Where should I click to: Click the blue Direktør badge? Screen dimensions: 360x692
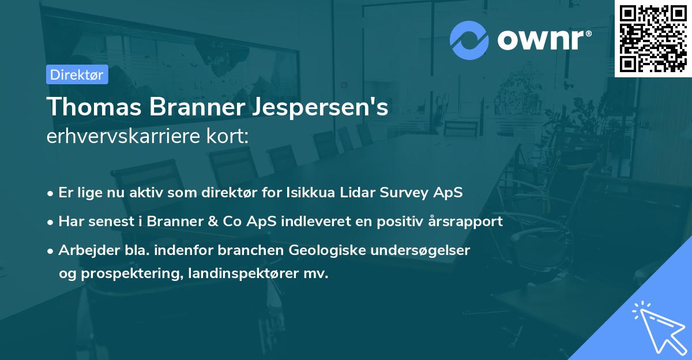click(x=77, y=74)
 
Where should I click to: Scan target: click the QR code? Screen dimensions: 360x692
click(x=653, y=38)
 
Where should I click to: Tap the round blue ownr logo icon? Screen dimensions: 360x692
click(x=469, y=40)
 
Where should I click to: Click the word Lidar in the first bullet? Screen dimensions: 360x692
click(x=358, y=193)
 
